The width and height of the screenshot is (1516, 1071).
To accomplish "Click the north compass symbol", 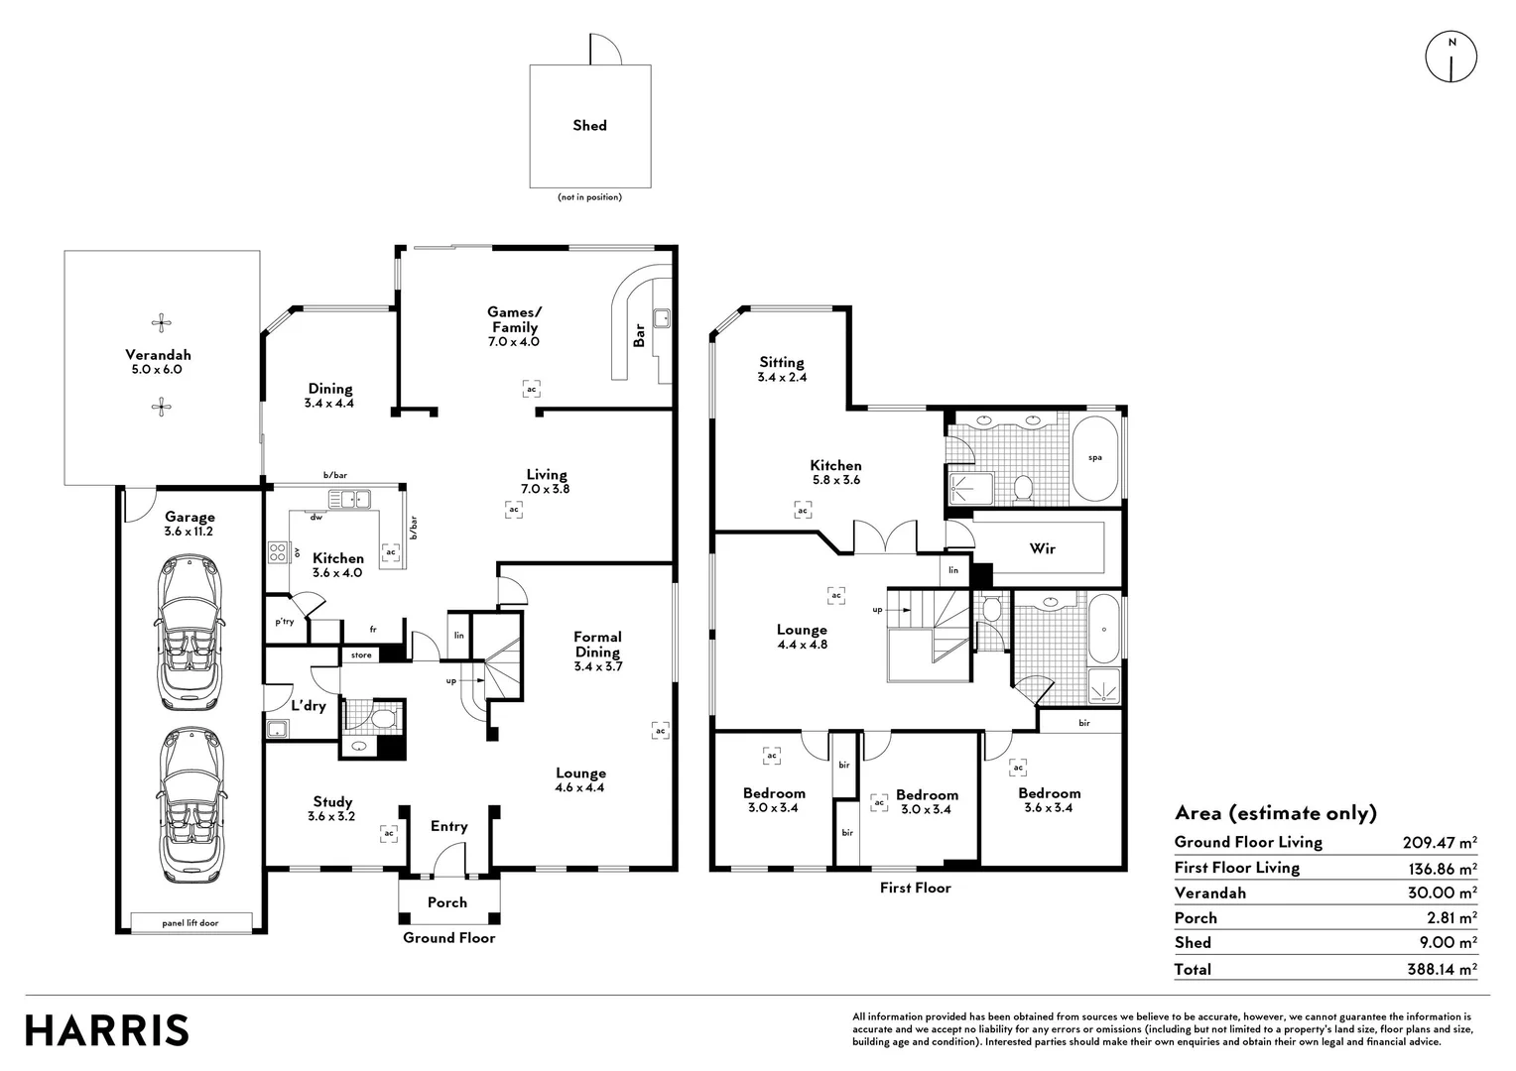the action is tap(1452, 57).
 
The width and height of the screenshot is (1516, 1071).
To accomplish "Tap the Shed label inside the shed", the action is tap(589, 125).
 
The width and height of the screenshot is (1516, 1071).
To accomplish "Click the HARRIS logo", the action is tap(107, 1030).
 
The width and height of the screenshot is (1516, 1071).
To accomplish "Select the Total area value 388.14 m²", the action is tap(1442, 969).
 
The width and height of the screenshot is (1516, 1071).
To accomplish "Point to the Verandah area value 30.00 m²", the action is tap(1443, 892).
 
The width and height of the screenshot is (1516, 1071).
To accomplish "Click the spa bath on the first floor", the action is tap(1095, 458).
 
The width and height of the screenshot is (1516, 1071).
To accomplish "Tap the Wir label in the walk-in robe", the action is tap(1042, 548).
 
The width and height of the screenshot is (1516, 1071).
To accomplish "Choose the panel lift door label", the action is tap(190, 923).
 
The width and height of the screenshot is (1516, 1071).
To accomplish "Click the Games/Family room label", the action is tap(514, 319).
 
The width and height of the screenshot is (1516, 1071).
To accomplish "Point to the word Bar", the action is tap(638, 335).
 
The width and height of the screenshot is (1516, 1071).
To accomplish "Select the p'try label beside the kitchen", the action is tap(284, 621).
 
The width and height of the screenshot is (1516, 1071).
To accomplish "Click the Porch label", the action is tap(447, 901).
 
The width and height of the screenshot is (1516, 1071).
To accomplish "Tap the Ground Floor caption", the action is tap(448, 938).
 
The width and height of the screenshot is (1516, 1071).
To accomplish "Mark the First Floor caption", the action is tap(915, 888).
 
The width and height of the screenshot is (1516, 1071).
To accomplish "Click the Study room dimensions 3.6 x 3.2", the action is tap(331, 816).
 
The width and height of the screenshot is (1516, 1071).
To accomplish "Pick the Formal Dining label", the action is tap(597, 645).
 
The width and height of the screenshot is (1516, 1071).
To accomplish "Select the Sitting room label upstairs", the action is tap(782, 363).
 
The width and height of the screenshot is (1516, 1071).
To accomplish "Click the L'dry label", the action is tap(309, 706).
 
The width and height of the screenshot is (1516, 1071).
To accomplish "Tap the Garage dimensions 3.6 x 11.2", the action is tap(189, 532).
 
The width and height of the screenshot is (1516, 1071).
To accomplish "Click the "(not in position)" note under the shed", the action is tap(589, 197).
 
